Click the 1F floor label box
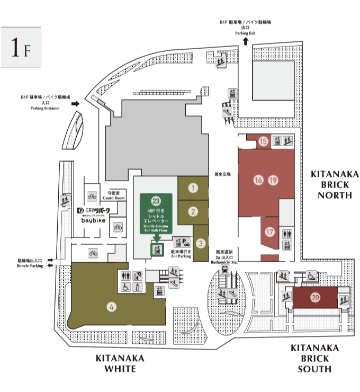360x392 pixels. pyautogui.click(x=21, y=48)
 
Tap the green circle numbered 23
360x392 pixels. pyautogui.click(x=156, y=201)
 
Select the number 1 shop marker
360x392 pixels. pyautogui.click(x=193, y=188)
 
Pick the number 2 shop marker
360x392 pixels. pyautogui.click(x=193, y=211)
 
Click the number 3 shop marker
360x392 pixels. pyautogui.click(x=201, y=243)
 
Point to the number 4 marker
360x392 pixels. pyautogui.click(x=112, y=306)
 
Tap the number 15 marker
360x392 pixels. pyautogui.click(x=263, y=141)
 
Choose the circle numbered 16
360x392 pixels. pyautogui.click(x=258, y=180)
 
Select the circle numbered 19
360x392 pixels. pyautogui.click(x=273, y=180)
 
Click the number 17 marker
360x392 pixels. pyautogui.click(x=270, y=231)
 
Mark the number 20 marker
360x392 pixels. pyautogui.click(x=315, y=297)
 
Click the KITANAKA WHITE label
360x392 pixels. pyautogui.click(x=120, y=363)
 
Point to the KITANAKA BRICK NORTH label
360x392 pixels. pyautogui.click(x=335, y=184)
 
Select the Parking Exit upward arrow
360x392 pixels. pyautogui.click(x=246, y=41)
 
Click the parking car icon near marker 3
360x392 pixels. pyautogui.click(x=186, y=242)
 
